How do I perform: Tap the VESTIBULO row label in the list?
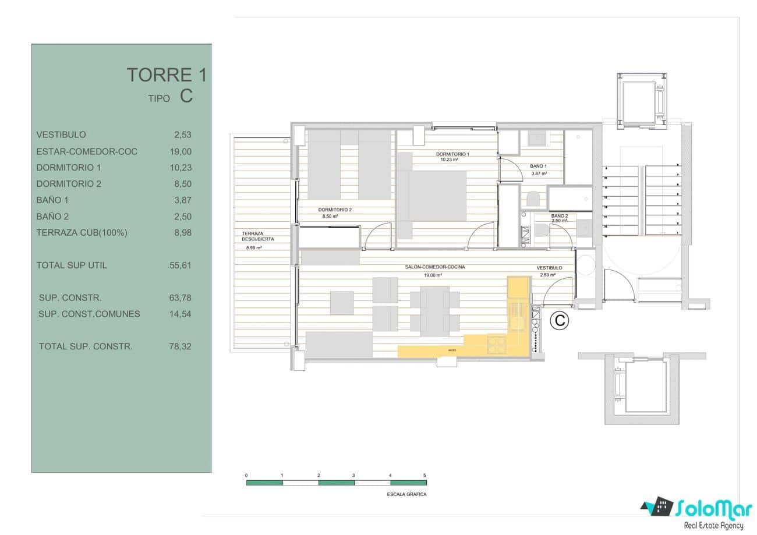[61, 134]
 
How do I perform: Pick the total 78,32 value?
[180, 346]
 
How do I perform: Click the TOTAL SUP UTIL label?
[72, 265]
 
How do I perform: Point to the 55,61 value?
[180, 265]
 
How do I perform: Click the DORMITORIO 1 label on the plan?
[452, 154]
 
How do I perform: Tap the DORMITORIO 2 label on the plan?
[335, 210]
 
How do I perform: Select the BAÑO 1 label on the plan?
[538, 166]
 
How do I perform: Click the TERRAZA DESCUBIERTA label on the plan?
[258, 236]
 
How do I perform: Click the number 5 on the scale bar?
[425, 476]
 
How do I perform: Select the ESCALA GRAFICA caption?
[406, 494]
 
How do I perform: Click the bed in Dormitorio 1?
[438, 195]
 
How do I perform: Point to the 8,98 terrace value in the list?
[182, 233]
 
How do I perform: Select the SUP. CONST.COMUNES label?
[89, 314]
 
